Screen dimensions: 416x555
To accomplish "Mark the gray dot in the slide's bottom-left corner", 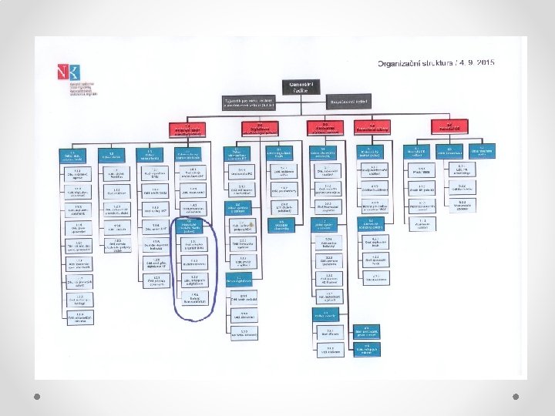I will [x=36, y=394].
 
